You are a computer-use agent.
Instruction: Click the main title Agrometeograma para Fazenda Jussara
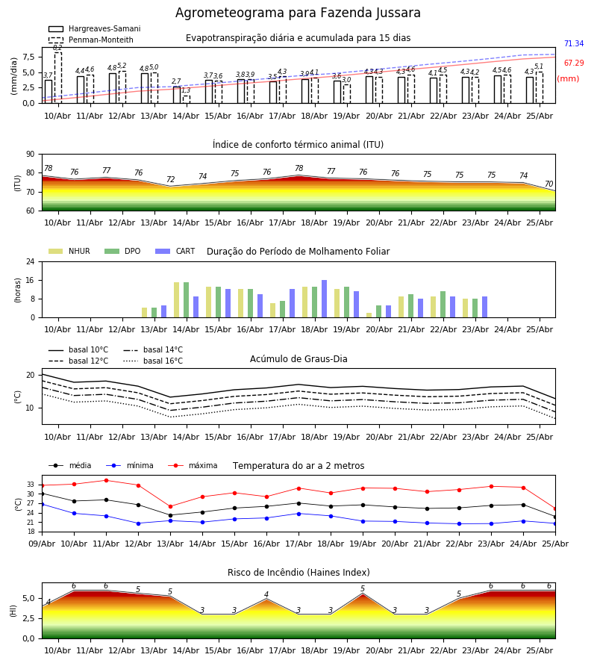(298, 13)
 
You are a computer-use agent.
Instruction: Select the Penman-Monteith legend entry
(91, 40)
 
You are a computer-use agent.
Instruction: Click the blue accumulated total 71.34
(574, 43)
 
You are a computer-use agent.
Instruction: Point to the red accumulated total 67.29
(574, 63)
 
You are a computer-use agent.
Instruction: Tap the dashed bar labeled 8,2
(57, 78)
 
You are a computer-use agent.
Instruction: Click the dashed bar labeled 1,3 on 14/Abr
(187, 99)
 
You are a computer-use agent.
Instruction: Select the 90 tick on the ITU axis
(31, 155)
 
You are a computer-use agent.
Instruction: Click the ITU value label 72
(170, 179)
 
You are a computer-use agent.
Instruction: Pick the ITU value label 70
(548, 184)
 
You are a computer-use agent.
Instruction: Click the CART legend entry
(175, 251)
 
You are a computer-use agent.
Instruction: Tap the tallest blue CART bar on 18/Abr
(324, 299)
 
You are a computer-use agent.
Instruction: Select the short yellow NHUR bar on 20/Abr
(369, 315)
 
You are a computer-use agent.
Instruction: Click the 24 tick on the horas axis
(31, 262)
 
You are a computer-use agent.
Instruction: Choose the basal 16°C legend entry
(153, 361)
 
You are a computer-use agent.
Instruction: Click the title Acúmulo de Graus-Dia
(298, 358)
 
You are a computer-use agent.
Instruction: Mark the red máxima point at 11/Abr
(106, 480)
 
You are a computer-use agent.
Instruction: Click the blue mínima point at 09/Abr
(42, 505)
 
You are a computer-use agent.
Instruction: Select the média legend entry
(70, 465)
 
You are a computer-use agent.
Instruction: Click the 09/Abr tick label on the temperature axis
(42, 544)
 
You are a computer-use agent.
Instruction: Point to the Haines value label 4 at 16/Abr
(266, 594)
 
